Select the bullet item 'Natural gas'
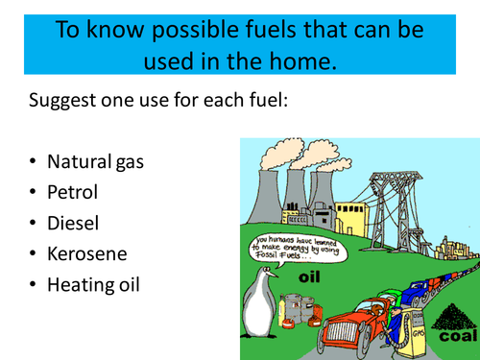click(x=94, y=161)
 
